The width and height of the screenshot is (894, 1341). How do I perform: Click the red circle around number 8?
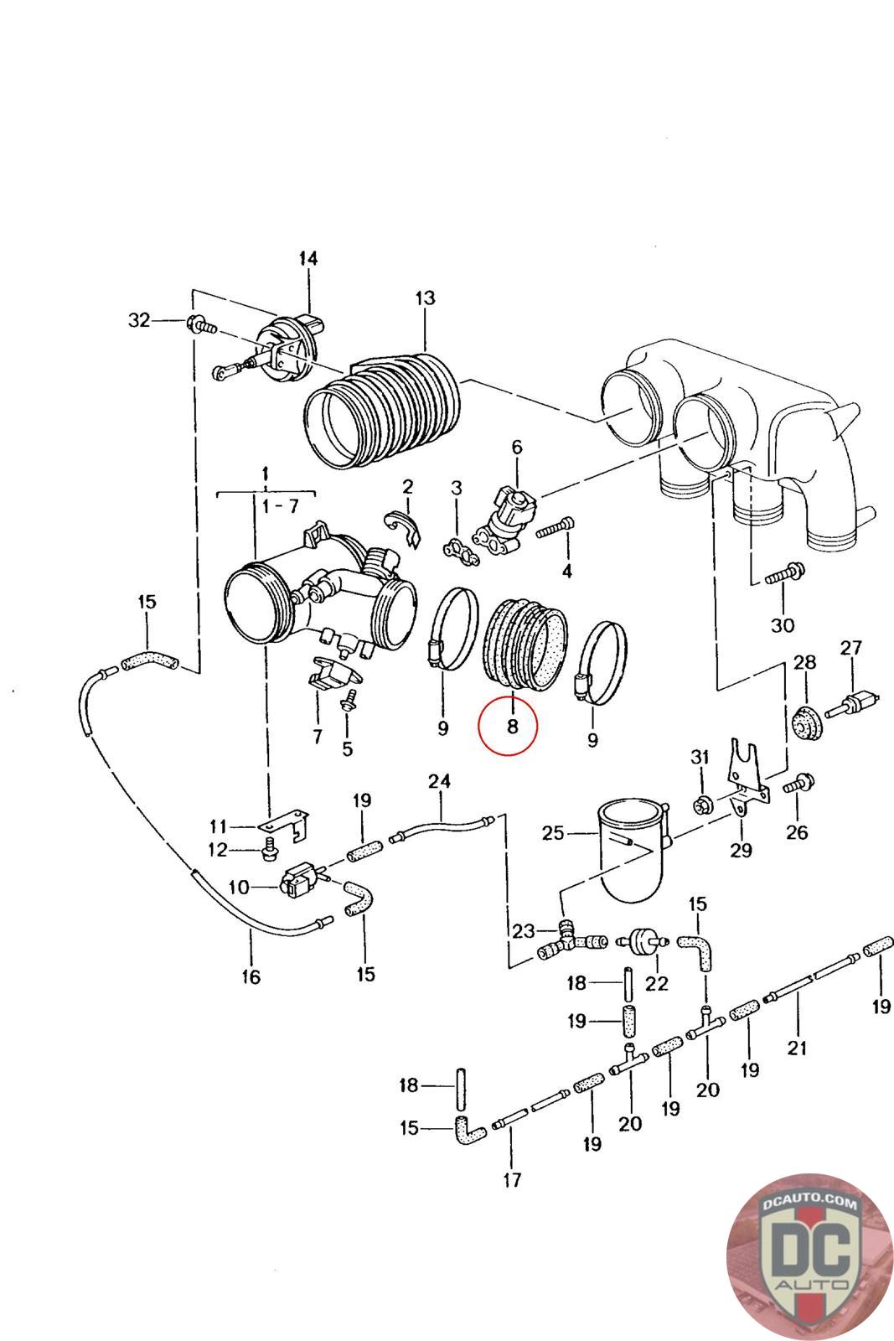click(508, 726)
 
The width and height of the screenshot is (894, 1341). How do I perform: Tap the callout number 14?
click(308, 259)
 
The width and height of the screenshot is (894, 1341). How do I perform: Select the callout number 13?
click(425, 298)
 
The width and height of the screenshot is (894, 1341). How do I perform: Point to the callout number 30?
click(782, 625)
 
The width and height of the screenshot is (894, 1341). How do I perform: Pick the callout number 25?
click(552, 833)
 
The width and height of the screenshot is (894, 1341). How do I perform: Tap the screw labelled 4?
click(556, 529)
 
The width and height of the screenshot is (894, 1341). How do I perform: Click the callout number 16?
click(251, 977)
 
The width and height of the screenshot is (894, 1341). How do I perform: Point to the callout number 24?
click(439, 782)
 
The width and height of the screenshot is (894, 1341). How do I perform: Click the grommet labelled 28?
click(805, 722)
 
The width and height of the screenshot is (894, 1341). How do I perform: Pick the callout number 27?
click(850, 648)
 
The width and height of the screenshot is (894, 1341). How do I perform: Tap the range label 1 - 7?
click(281, 506)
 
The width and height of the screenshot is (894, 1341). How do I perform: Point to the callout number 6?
click(516, 447)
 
